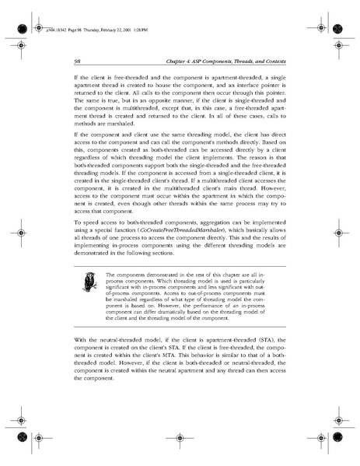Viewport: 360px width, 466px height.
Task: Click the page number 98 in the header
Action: tap(79, 60)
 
